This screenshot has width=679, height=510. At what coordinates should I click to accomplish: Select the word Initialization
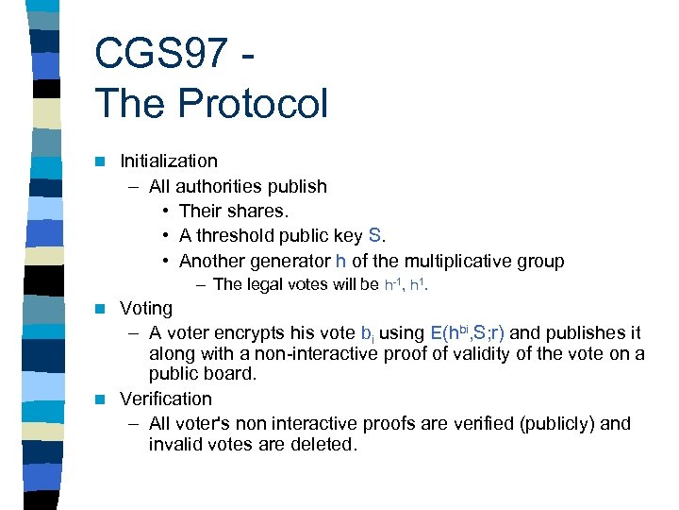pyautogui.click(x=169, y=161)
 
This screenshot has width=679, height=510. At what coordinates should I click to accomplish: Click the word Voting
pyautogui.click(x=146, y=309)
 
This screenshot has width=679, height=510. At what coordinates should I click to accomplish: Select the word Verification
pyautogui.click(x=166, y=399)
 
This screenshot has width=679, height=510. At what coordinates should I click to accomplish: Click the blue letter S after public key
pyautogui.click(x=373, y=235)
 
